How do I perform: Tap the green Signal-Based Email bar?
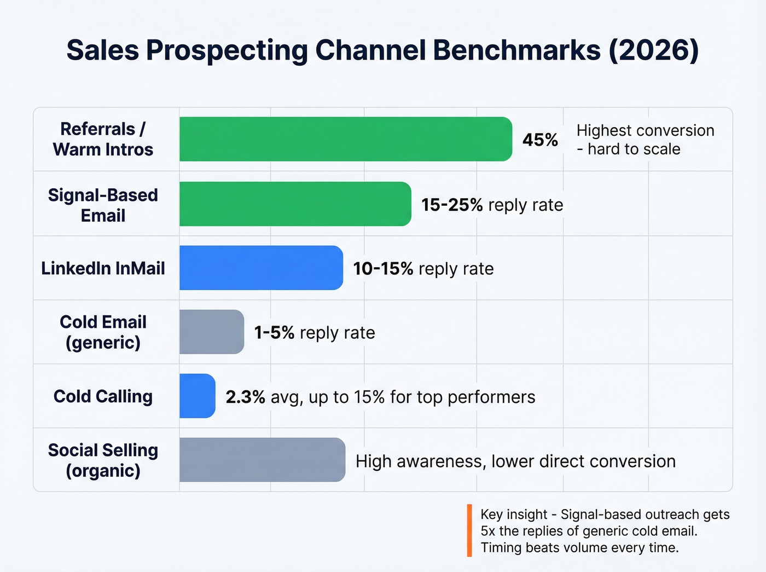coord(295,204)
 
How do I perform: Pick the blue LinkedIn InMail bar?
coord(261,268)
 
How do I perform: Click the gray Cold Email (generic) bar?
coord(212,332)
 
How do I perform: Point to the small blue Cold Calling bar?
coord(197,396)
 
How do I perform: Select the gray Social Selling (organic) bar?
coord(262,460)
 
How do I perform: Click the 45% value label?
coord(540,140)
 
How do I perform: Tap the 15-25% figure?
coord(452,205)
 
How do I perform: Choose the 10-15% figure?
coord(383,269)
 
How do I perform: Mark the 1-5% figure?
coord(274,333)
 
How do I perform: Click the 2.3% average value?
coord(245,397)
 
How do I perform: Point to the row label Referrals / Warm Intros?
coord(103,139)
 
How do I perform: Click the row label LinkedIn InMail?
coord(103,268)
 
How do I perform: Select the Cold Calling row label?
coord(103,396)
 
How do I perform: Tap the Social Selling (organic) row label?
coord(103,460)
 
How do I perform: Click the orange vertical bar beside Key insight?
coord(469,530)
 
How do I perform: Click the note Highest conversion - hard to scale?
coord(645,140)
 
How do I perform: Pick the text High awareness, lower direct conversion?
coord(515,461)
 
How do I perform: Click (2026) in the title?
coord(653,50)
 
